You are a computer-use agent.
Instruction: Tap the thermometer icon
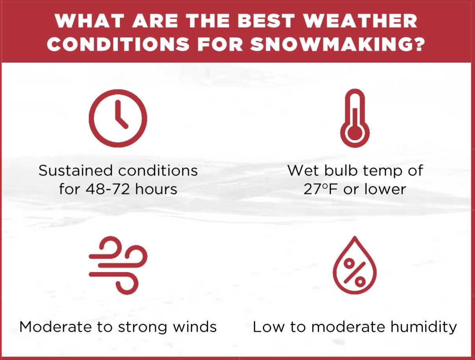(355, 118)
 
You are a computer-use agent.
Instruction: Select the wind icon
(118, 265)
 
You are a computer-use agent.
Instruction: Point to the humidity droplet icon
(355, 265)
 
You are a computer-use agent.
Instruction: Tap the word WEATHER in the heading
(360, 21)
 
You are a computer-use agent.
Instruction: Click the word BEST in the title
(266, 21)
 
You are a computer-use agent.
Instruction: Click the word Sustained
(76, 171)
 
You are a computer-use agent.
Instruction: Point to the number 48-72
(108, 189)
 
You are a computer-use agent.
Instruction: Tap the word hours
(156, 189)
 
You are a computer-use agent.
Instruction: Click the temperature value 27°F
(321, 189)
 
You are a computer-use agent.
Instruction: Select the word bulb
(341, 171)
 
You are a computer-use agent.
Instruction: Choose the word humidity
(424, 327)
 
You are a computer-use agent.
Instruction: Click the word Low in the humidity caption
(269, 327)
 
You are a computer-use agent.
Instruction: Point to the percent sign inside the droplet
(355, 273)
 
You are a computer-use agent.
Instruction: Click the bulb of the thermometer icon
(355, 133)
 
